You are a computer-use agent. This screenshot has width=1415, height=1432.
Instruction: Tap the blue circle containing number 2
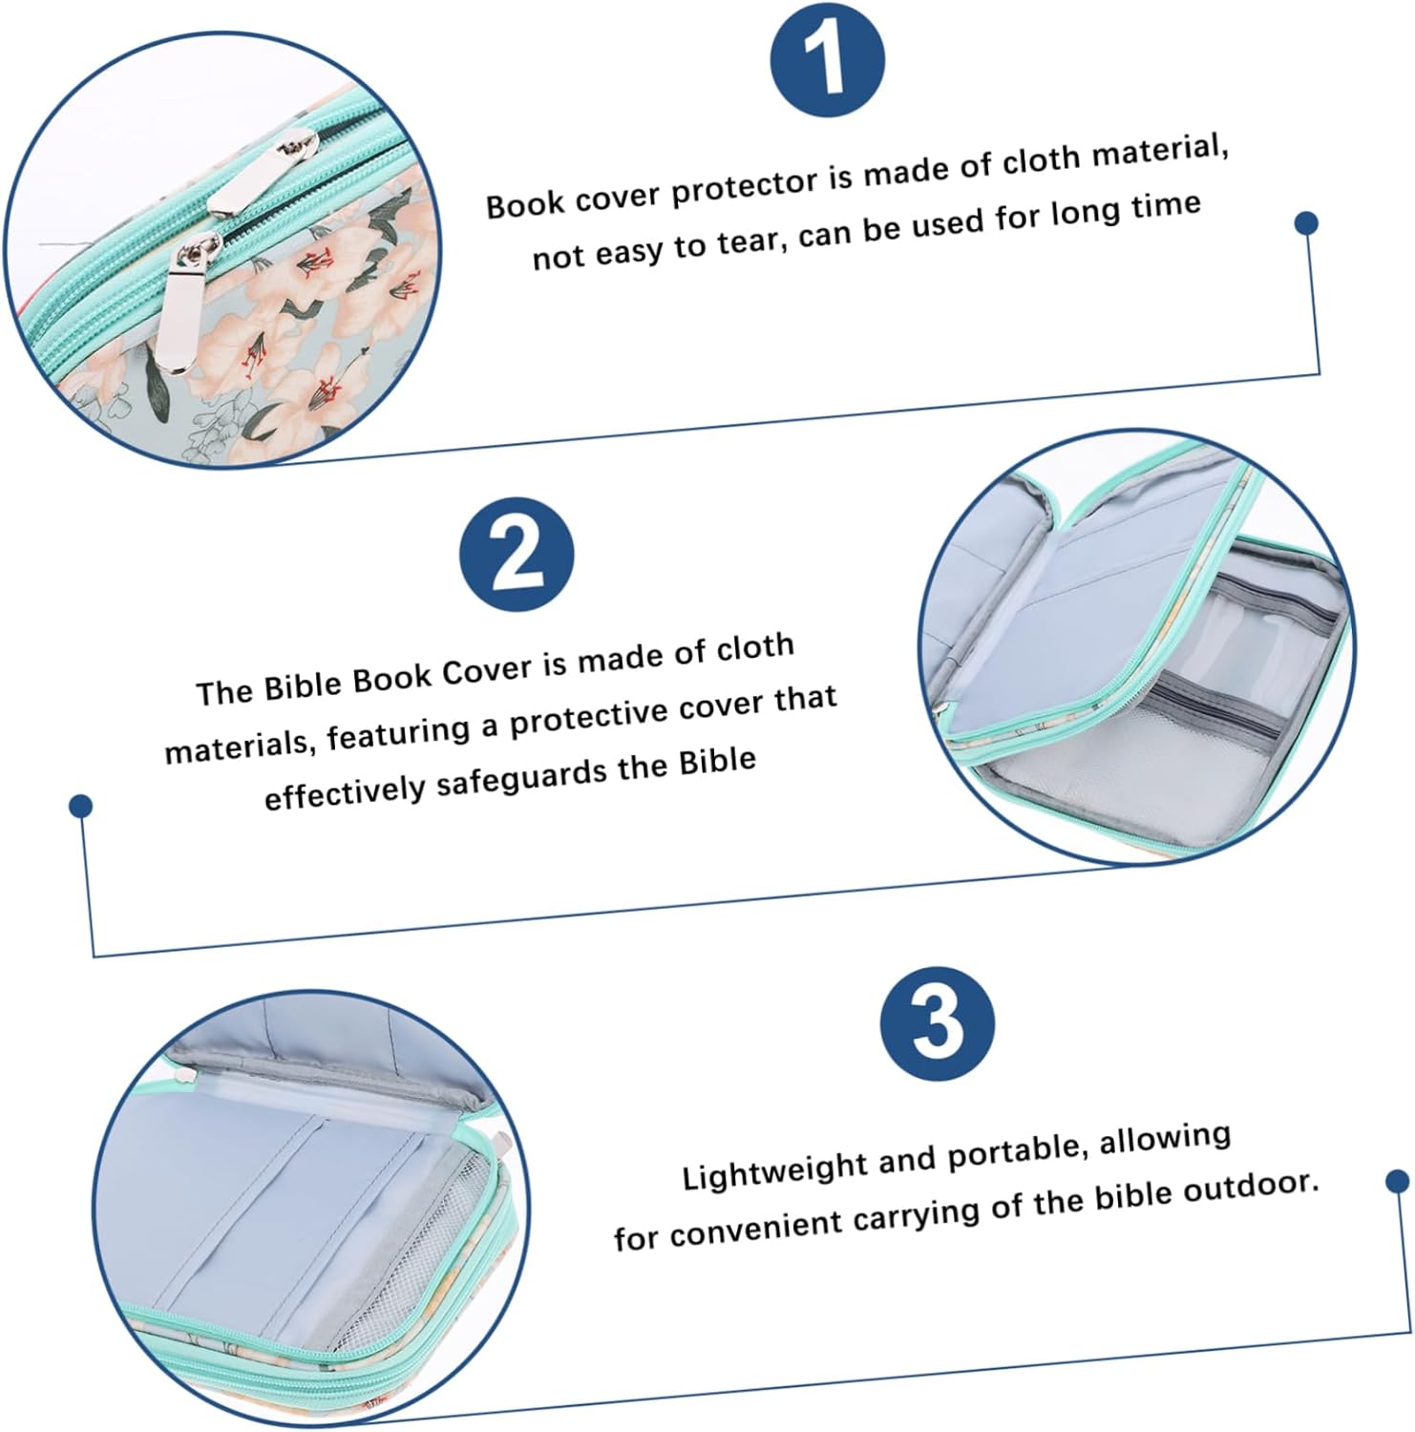517,555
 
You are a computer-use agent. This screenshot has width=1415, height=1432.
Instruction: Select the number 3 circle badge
938,1023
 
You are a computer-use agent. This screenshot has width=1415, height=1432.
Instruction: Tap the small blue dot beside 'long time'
1306,223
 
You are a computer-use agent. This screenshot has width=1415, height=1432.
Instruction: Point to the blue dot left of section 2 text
81,807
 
